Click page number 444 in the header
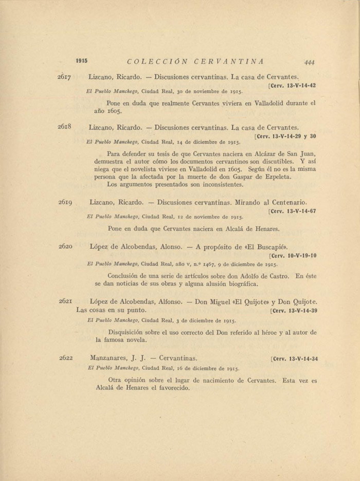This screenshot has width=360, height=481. (309, 62)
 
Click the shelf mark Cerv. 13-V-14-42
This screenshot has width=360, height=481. (293, 85)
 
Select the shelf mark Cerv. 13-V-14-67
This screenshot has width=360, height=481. (293, 211)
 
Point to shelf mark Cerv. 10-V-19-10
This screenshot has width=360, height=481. (294, 255)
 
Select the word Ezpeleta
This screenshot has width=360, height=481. (276, 177)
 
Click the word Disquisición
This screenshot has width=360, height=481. (129, 332)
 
